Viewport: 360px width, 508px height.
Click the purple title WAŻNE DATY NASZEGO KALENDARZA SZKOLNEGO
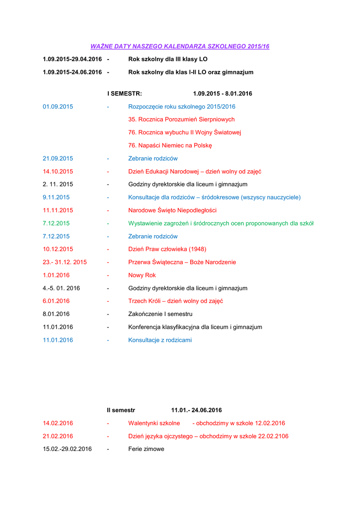pyautogui.click(x=180, y=46)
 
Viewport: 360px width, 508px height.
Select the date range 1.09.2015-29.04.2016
pyautogui.click(x=72, y=59)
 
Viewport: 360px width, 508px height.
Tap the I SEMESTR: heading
pyautogui.click(x=125, y=93)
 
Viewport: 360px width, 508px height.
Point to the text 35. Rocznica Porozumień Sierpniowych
pyautogui.click(x=181, y=120)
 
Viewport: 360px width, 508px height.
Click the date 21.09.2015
pyautogui.click(x=58, y=158)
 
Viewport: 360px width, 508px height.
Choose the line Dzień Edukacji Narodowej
pyautogui.click(x=195, y=172)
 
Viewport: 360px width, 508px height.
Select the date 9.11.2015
pyautogui.click(x=56, y=197)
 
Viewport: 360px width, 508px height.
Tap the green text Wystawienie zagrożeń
pyautogui.click(x=220, y=223)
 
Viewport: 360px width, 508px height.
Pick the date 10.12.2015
pyautogui.click(x=58, y=249)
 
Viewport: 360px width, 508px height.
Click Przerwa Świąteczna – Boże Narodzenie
pyautogui.click(x=182, y=262)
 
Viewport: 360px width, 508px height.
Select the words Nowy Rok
pyautogui.click(x=142, y=275)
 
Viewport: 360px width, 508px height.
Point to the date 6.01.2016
pyautogui.click(x=56, y=301)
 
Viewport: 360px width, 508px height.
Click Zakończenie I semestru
pyautogui.click(x=160, y=314)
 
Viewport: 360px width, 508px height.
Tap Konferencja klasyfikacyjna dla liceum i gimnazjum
pyautogui.click(x=195, y=327)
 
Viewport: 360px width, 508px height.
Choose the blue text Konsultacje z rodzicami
pyautogui.click(x=159, y=340)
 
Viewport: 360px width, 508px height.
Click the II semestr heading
pyautogui.click(x=121, y=410)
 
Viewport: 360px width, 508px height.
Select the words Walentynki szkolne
pyautogui.click(x=154, y=423)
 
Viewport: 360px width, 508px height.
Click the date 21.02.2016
pyautogui.click(x=58, y=436)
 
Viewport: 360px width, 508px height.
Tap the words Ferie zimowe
pyautogui.click(x=146, y=449)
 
